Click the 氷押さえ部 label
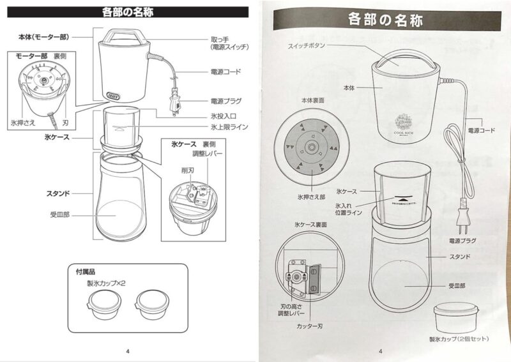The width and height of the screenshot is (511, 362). (x=312, y=197)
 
